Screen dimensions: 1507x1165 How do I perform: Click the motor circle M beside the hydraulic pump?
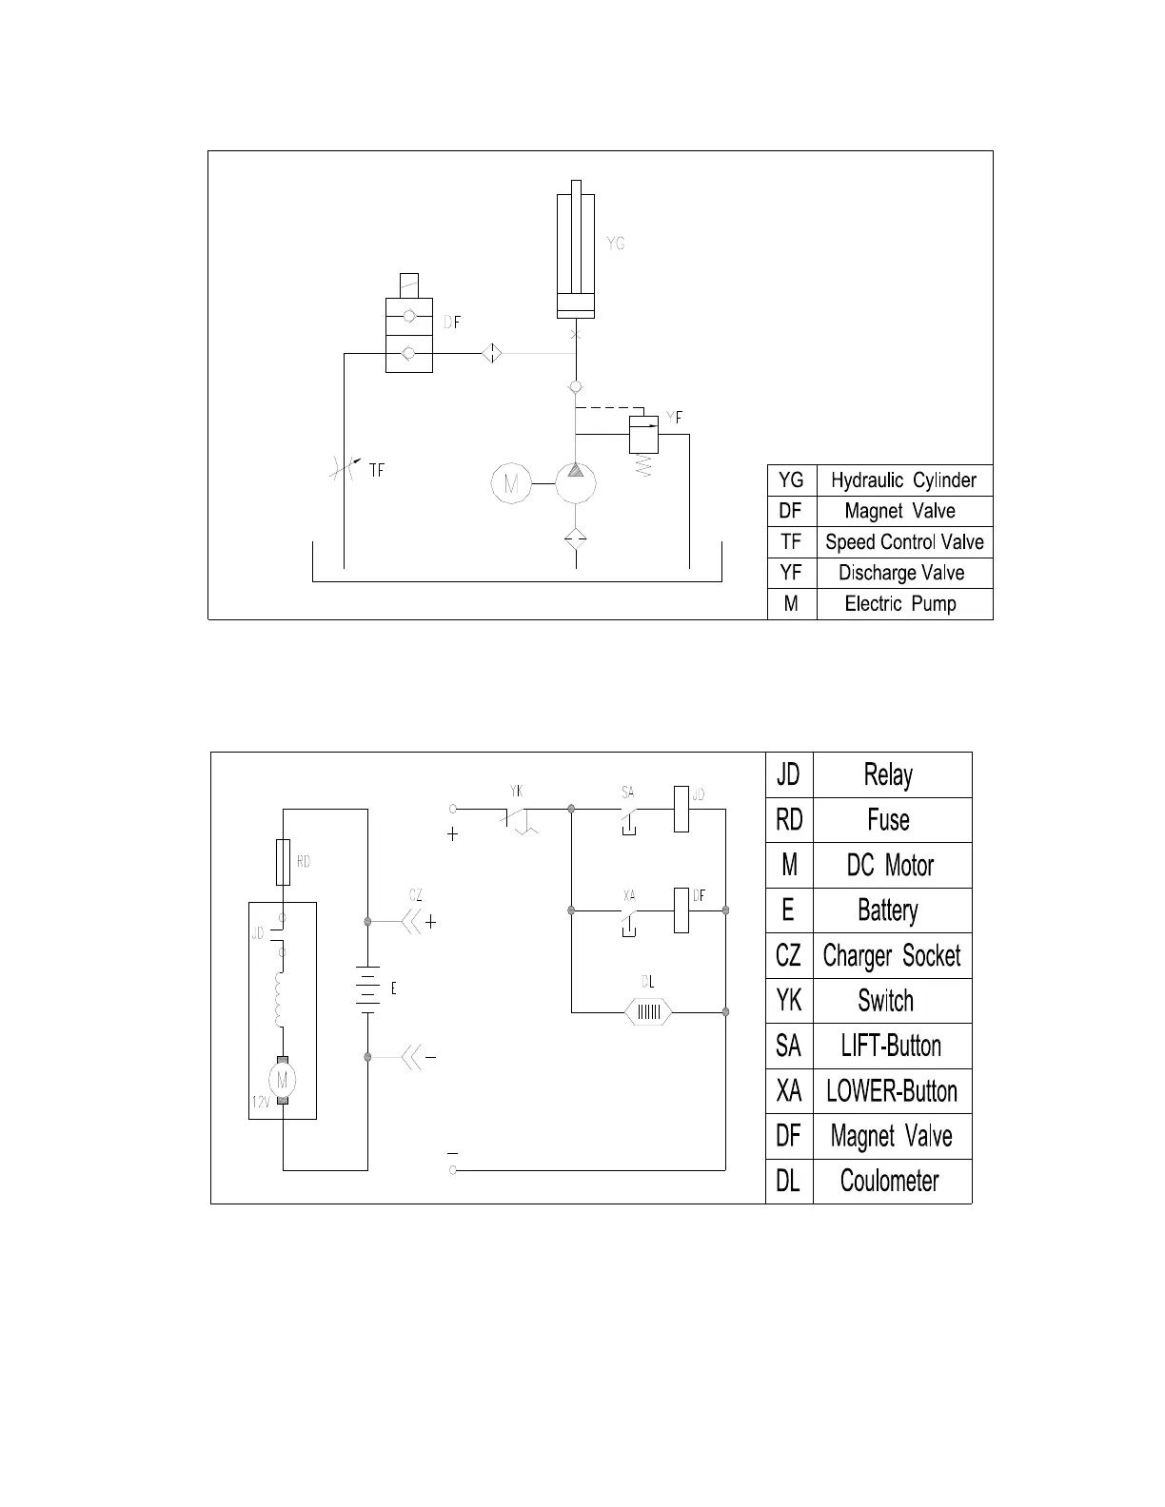511,483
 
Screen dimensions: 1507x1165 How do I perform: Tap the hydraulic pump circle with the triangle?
575,482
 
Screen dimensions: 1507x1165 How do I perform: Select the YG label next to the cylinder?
616,244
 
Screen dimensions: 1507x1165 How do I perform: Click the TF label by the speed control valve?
377,470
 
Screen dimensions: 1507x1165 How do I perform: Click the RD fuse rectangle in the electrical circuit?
284,863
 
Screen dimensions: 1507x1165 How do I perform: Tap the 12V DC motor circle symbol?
283,1080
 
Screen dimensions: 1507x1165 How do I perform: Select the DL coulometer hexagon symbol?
648,1011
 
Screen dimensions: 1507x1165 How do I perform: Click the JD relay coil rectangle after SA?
681,809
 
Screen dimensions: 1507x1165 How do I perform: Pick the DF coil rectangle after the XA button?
681,910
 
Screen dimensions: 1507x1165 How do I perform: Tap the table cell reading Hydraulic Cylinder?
903,480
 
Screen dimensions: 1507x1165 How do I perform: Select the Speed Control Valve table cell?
903,542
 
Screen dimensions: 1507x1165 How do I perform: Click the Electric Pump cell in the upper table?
900,604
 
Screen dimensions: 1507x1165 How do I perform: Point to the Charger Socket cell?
892,955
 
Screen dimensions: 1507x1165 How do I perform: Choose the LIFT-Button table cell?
892,1046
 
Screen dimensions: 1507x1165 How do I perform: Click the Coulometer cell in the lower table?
890,1181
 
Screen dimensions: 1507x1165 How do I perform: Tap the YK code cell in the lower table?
789,1001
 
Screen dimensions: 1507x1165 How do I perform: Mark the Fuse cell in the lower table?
889,820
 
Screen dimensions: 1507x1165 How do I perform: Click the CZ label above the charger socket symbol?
416,895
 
